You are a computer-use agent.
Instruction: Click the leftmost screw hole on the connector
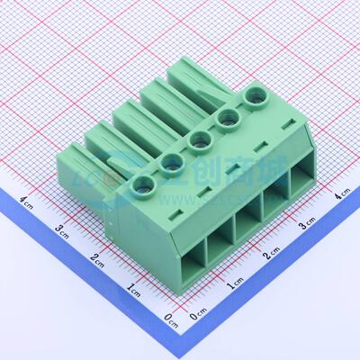point(143,187)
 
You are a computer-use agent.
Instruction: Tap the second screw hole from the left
point(171,164)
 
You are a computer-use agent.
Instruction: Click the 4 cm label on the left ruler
point(27,201)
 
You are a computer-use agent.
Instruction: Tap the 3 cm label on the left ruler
point(61,229)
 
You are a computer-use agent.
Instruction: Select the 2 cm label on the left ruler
point(96,259)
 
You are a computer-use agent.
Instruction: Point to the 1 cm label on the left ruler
point(133,290)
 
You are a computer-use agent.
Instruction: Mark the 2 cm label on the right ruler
point(271,256)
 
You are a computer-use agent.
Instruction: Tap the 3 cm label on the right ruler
point(308,224)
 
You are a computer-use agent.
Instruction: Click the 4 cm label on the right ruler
point(341,194)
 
